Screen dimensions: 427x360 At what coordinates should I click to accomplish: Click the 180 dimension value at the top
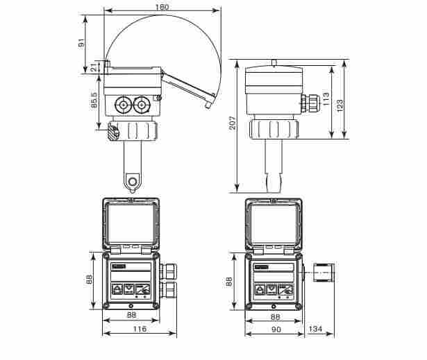click(162, 7)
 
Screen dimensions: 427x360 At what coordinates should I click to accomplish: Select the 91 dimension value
click(81, 43)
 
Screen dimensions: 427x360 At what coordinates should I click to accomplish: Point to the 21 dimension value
click(94, 67)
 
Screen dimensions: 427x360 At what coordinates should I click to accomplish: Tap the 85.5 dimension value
click(94, 100)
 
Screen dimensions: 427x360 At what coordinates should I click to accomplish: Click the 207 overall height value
click(233, 123)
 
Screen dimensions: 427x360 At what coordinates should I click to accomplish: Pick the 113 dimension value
click(326, 98)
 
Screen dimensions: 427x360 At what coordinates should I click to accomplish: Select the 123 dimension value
click(340, 105)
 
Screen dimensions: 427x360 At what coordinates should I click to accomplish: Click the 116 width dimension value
click(140, 329)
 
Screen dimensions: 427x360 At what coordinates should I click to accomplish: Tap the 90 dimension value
click(276, 329)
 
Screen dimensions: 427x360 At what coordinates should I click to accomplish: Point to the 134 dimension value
click(316, 329)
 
